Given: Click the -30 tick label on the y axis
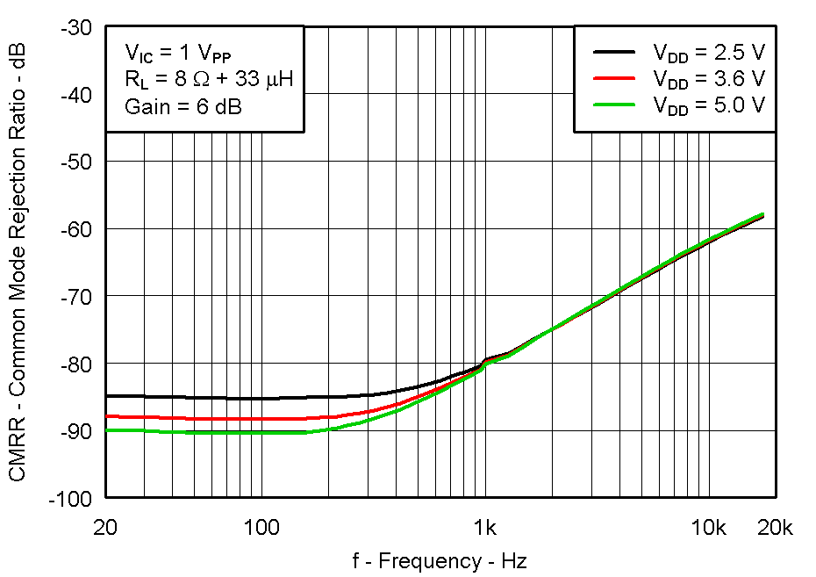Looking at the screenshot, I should click(x=76, y=27).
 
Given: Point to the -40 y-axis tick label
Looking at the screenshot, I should click(x=76, y=95).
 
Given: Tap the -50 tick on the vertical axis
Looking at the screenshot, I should click(x=76, y=162).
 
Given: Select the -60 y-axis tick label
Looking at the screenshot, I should click(x=76, y=229).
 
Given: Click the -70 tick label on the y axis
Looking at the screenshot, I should click(x=76, y=296).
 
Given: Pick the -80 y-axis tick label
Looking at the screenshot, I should click(x=76, y=364).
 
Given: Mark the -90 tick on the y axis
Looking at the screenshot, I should click(x=76, y=430).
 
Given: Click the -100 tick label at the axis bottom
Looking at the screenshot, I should click(x=72, y=498).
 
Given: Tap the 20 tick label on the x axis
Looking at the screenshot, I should click(x=106, y=527).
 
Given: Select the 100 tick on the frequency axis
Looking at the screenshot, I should click(x=261, y=527).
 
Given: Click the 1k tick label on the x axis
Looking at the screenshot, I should click(x=484, y=527).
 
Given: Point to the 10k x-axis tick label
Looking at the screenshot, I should click(x=708, y=527).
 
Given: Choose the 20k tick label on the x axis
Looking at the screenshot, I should click(x=775, y=527).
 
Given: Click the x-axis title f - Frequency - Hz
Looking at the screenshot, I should click(x=440, y=560).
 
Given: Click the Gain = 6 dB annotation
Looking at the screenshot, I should click(x=183, y=107).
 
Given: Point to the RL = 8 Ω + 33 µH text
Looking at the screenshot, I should click(x=208, y=80).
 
